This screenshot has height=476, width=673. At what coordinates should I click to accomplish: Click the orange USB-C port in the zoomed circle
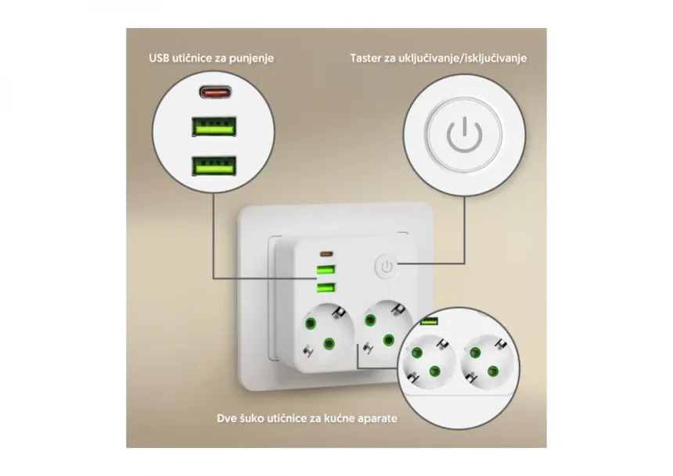(215, 91)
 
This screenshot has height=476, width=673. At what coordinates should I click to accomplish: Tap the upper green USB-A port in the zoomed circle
(214, 127)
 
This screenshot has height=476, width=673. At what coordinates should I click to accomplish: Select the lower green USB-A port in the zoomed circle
(214, 166)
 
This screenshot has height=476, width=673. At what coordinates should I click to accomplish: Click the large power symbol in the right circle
(464, 134)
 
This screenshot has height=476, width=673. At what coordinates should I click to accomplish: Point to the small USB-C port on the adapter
(326, 254)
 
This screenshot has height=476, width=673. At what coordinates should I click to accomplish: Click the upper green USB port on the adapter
(326, 270)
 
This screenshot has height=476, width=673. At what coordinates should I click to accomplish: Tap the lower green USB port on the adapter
(326, 288)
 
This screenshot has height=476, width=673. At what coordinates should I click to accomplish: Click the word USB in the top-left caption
(159, 58)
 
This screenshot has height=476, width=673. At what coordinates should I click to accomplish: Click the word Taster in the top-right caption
(365, 58)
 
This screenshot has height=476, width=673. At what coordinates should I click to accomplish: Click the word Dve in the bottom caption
(225, 418)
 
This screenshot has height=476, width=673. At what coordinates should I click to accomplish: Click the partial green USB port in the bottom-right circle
(429, 320)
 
